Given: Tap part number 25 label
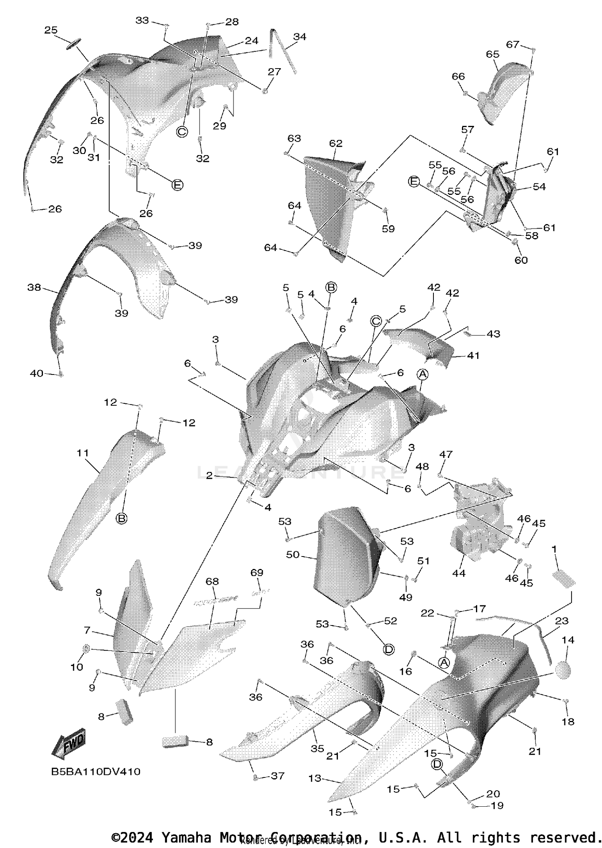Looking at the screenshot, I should [x=51, y=30].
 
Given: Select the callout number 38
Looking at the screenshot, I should [x=34, y=287].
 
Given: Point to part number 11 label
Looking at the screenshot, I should [x=83, y=453].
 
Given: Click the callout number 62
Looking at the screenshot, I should [x=336, y=143].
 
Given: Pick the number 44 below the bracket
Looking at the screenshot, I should [x=459, y=573].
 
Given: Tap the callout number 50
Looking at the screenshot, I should [x=293, y=555].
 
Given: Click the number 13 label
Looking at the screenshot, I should [x=315, y=778].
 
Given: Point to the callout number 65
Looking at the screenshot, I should [x=492, y=54].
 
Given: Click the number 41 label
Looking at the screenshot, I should [x=473, y=355].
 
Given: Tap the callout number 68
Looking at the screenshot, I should [x=212, y=581].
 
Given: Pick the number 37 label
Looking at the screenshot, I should [x=278, y=776].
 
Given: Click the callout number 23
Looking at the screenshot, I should [x=562, y=621].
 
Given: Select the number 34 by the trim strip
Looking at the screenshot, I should [x=299, y=36].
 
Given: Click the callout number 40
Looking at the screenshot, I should [x=37, y=373].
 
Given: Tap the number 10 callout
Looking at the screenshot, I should [x=77, y=667].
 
